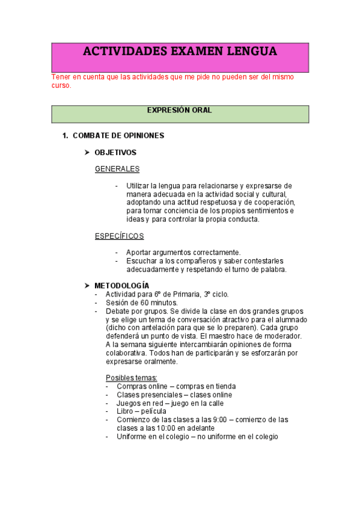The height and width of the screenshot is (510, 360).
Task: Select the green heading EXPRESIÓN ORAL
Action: [x=180, y=110]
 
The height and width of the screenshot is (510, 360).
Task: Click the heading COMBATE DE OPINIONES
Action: [x=118, y=135]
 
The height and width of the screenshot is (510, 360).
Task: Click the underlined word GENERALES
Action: [x=117, y=169]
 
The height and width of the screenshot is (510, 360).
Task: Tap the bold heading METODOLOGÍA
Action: [x=122, y=285]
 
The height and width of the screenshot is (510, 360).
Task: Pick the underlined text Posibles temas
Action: [x=131, y=377]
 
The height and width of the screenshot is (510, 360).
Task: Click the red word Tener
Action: [x=61, y=77]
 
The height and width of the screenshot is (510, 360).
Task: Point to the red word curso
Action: [x=61, y=85]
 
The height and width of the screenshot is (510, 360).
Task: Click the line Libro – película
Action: [x=142, y=411]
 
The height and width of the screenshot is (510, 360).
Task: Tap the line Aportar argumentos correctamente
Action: [x=183, y=252]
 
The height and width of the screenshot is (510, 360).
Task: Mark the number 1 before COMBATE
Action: [x=65, y=135]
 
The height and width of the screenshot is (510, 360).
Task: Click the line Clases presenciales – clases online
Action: [x=174, y=394]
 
